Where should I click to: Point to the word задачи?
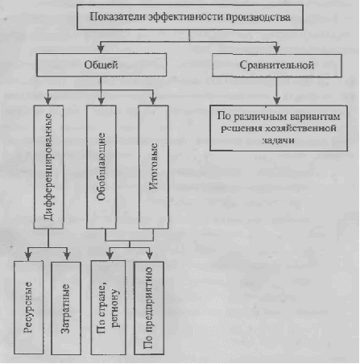click(x=278, y=140)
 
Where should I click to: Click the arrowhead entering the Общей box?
click(x=101, y=49)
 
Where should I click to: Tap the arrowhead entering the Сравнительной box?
click(x=276, y=49)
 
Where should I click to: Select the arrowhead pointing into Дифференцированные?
click(x=48, y=101)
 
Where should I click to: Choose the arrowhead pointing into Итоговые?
click(x=153, y=101)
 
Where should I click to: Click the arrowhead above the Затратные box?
click(x=67, y=255)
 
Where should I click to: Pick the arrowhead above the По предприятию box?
click(x=150, y=255)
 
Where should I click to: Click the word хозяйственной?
click(x=300, y=128)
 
